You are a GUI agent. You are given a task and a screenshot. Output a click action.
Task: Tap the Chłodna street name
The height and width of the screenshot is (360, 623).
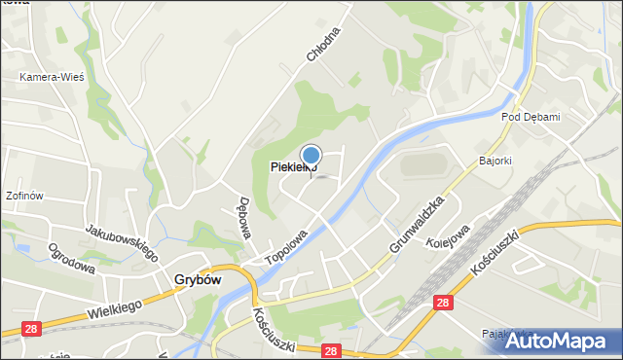point(324,44)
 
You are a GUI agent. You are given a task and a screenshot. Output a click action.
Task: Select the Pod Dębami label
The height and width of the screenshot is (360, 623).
point(531,117)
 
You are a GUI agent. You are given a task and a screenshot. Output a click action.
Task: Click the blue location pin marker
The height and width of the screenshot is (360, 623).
point(311,157)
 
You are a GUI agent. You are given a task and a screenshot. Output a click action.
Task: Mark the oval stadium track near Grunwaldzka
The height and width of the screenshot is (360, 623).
point(424,162)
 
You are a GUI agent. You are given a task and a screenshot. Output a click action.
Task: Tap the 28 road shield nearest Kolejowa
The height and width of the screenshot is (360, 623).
point(444,303)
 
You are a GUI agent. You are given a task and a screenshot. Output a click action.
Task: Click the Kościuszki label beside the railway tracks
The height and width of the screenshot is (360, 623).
point(498,249)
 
